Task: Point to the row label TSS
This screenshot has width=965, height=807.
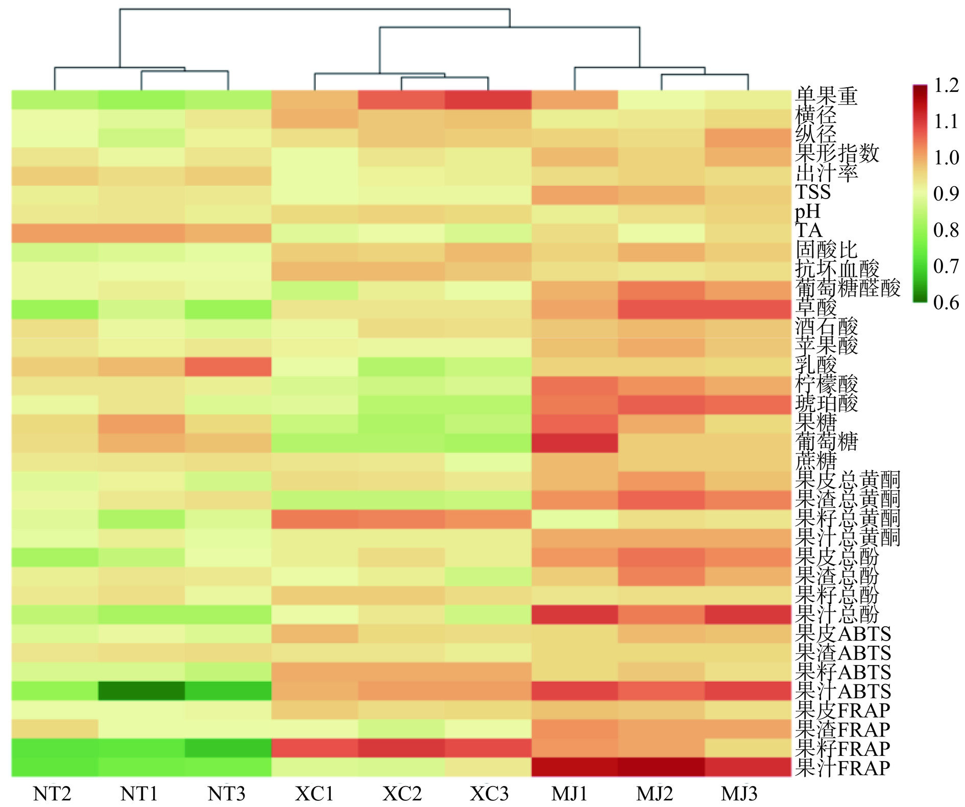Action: (813, 192)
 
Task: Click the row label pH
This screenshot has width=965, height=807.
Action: (808, 211)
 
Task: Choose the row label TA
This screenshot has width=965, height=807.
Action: (809, 230)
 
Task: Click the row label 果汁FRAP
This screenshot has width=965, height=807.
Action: (842, 768)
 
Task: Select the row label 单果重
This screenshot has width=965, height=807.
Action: (826, 96)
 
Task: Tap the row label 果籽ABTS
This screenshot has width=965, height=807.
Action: (842, 672)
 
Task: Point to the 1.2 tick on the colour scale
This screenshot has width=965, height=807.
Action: (946, 86)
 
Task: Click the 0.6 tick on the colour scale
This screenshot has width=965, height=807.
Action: (946, 303)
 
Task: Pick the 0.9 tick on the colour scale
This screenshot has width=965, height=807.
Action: (946, 194)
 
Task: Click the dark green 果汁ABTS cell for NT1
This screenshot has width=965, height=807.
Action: (141, 691)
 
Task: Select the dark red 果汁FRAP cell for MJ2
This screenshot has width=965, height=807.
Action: (661, 767)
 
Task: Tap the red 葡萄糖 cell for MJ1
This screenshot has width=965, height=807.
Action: (574, 443)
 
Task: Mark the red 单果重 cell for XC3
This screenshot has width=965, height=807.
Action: (488, 100)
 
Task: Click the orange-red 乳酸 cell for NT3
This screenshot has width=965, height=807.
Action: (228, 366)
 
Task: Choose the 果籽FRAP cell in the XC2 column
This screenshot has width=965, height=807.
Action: (401, 748)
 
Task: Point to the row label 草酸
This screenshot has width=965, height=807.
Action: (816, 307)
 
